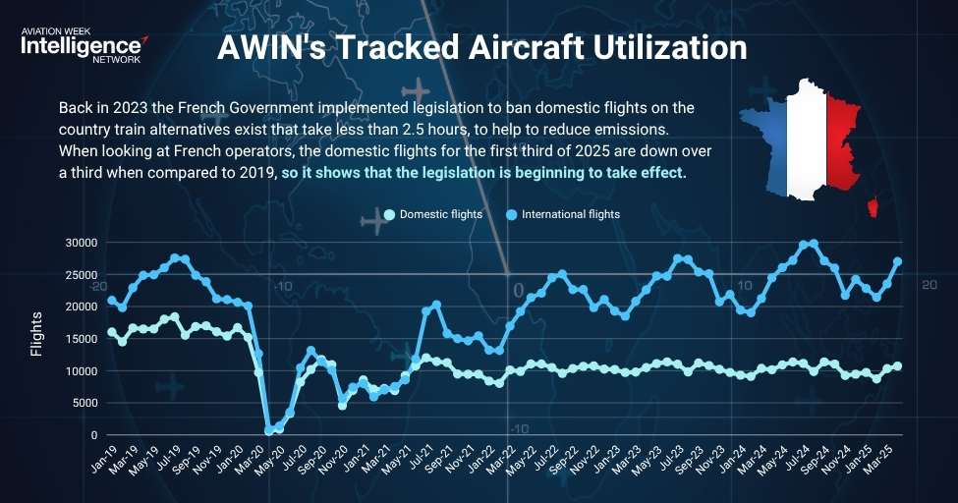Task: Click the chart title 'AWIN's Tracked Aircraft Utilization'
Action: pos(481,48)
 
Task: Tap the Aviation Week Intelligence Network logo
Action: pos(84,44)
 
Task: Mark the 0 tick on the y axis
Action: pos(94,435)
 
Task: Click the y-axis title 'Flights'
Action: pos(37,334)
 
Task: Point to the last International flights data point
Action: pos(897,261)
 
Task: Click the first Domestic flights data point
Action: pos(112,332)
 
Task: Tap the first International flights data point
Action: pos(112,300)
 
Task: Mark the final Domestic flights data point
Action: pos(897,366)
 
